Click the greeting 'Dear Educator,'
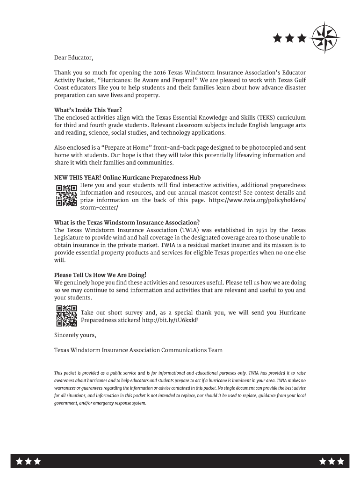click(74, 58)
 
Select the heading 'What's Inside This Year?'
click(85, 110)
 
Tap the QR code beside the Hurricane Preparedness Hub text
click(66, 196)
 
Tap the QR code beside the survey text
click(66, 316)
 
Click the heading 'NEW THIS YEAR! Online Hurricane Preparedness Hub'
click(127, 178)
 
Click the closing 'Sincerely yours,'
click(75, 335)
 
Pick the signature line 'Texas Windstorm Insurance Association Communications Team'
click(138, 350)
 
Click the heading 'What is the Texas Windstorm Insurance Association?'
click(127, 222)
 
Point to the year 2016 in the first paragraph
click(160, 73)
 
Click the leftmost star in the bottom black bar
click(20, 461)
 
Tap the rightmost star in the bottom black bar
click(340, 461)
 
